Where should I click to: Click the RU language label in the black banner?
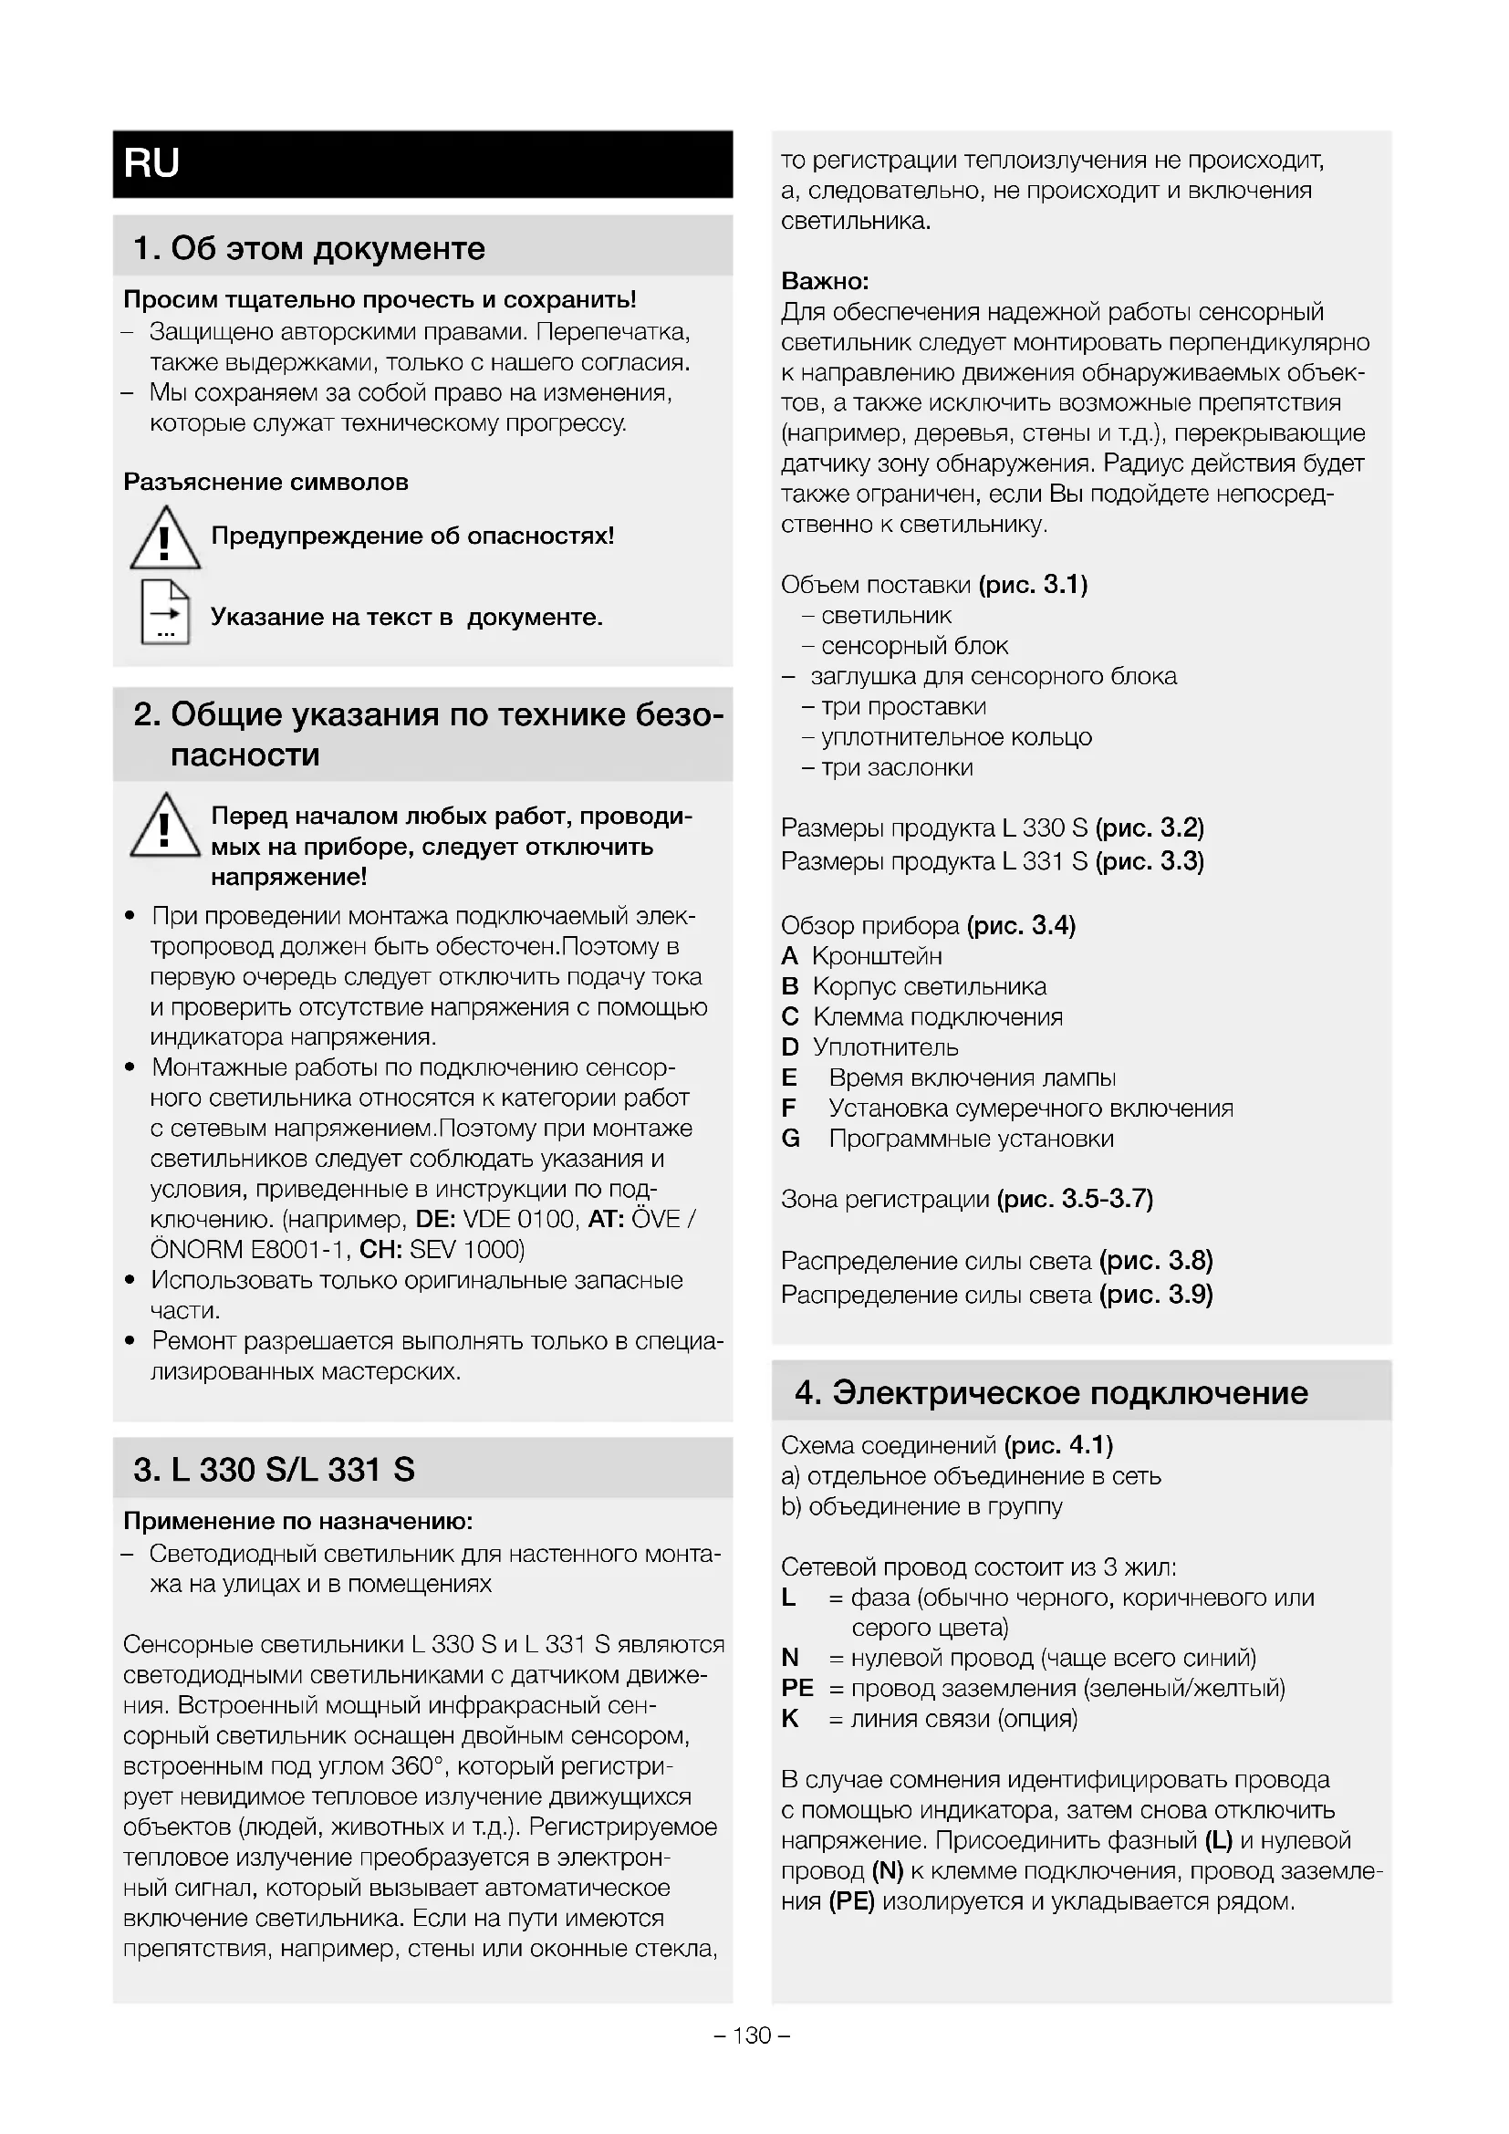(x=151, y=163)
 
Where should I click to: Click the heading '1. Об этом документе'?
(x=308, y=248)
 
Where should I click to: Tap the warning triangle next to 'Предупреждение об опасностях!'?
(x=164, y=538)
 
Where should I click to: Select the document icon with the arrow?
(x=165, y=611)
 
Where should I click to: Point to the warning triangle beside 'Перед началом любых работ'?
(x=164, y=826)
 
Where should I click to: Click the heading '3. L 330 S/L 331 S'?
(x=273, y=1470)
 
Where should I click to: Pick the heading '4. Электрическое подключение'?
(x=1051, y=1392)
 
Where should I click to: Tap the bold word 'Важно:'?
(x=824, y=281)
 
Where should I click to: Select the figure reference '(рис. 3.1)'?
(x=1033, y=585)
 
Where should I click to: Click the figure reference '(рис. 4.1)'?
(x=1058, y=1445)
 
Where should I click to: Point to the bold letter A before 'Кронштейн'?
(x=790, y=955)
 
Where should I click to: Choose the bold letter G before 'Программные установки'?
(x=791, y=1139)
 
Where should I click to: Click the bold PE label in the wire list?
(x=797, y=1688)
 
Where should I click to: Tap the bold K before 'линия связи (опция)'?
(x=790, y=1719)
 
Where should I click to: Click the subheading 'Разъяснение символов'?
(x=265, y=482)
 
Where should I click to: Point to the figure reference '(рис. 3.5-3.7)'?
(x=1074, y=1199)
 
